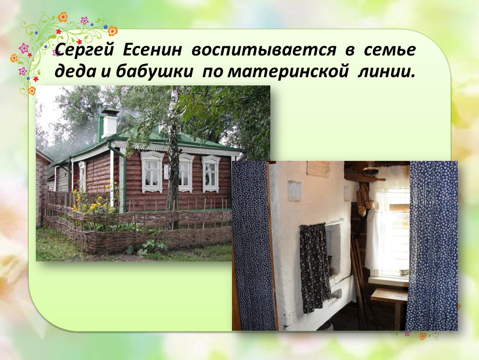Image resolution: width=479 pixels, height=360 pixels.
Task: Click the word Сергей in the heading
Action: coord(84,50)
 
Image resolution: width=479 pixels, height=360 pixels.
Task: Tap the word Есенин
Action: coord(152,50)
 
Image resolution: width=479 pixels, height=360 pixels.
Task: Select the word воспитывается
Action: coord(264,50)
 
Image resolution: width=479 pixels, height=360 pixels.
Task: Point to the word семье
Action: coord(390,50)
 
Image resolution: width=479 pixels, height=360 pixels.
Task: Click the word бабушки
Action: coord(155,71)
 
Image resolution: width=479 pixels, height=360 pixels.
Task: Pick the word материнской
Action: coord(288,72)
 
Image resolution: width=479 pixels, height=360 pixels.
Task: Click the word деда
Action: coord(75,72)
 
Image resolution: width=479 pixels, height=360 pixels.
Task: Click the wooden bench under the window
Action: coord(389,302)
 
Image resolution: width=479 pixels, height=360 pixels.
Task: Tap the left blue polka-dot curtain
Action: coord(250,246)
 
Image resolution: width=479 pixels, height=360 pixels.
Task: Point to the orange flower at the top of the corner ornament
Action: coord(63,17)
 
